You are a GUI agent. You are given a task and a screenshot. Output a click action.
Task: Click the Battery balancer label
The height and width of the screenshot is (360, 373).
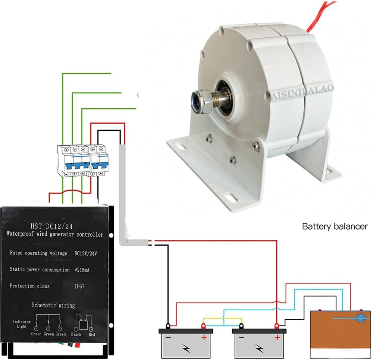[335, 226]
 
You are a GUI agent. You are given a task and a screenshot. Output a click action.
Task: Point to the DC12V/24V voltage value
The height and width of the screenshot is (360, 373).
[85, 253]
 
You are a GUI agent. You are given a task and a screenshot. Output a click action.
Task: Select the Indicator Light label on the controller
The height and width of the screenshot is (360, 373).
[19, 324]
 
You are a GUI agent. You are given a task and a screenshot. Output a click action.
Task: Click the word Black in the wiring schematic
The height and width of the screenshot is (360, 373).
[76, 334]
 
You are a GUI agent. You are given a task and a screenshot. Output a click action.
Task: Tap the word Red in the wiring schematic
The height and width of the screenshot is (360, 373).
[92, 334]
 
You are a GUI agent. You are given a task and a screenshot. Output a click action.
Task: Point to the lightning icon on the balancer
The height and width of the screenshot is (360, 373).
[361, 318]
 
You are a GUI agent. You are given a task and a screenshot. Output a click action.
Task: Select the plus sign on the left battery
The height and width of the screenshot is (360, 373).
[204, 338]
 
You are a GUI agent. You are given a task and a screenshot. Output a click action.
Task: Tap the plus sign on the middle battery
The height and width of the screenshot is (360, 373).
[277, 338]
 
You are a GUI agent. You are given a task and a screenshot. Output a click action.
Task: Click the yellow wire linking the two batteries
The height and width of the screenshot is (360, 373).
[222, 318]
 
